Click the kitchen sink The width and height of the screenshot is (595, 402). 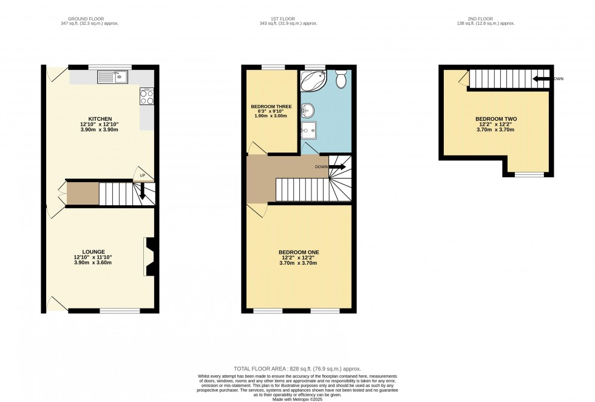click(x=112, y=77)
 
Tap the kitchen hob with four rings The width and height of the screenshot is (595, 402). click(x=146, y=97)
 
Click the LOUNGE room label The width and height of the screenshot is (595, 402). click(x=94, y=251)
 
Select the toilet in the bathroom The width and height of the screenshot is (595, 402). click(x=341, y=78)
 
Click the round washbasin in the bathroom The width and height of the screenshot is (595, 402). click(x=308, y=110)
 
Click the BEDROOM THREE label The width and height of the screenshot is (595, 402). click(x=271, y=106)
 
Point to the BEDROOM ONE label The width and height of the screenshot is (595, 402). click(x=299, y=252)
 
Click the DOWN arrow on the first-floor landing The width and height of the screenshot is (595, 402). click(x=336, y=166)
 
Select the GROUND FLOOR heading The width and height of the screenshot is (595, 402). click(x=89, y=18)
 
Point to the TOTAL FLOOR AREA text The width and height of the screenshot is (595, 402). click(x=297, y=369)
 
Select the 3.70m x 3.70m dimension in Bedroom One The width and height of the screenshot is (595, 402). click(x=299, y=263)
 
